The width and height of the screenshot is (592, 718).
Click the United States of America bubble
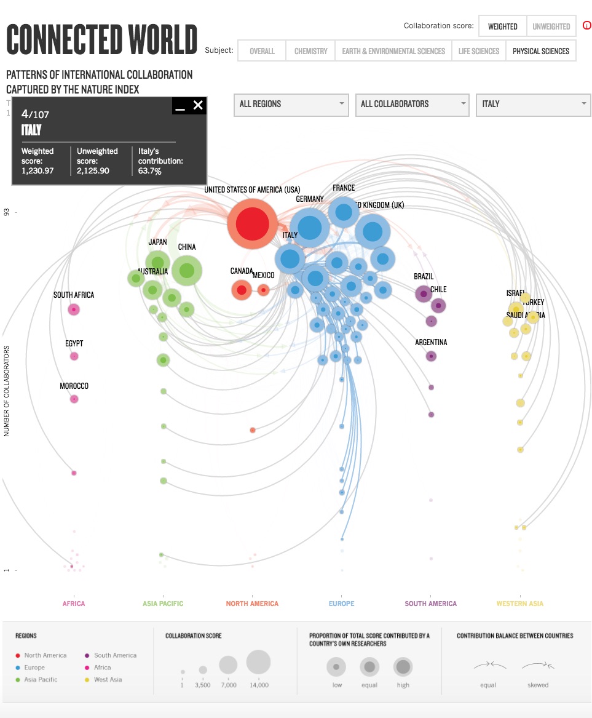pyautogui.click(x=252, y=223)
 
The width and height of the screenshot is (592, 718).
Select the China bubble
pyautogui.click(x=187, y=270)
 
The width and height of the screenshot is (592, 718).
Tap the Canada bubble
pyautogui.click(x=242, y=290)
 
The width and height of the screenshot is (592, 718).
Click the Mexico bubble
pyautogui.click(x=264, y=289)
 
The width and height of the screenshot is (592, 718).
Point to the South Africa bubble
pyautogui.click(x=74, y=309)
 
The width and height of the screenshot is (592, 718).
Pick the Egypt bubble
pyautogui.click(x=74, y=356)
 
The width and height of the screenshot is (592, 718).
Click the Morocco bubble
pyautogui.click(x=74, y=399)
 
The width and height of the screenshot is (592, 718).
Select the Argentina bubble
pyautogui.click(x=431, y=356)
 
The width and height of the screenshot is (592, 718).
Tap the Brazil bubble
pyautogui.click(x=424, y=293)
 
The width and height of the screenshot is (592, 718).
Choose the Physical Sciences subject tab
pyautogui.click(x=541, y=51)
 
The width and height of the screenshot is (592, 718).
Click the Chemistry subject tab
pyautogui.click(x=310, y=51)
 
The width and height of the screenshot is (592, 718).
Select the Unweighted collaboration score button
pyautogui.click(x=551, y=26)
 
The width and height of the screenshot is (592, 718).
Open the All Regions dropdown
pyautogui.click(x=291, y=104)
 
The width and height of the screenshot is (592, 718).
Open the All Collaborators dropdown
pyautogui.click(x=412, y=104)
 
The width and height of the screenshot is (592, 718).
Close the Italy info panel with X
pyautogui.click(x=198, y=105)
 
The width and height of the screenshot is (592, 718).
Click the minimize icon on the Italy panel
pyautogui.click(x=180, y=107)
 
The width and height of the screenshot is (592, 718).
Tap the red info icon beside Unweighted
pyautogui.click(x=586, y=26)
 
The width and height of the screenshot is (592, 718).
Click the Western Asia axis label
pyautogui.click(x=520, y=604)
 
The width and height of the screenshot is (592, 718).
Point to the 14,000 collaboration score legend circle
pyautogui.click(x=258, y=662)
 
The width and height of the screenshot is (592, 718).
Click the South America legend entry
pyautogui.click(x=115, y=655)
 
